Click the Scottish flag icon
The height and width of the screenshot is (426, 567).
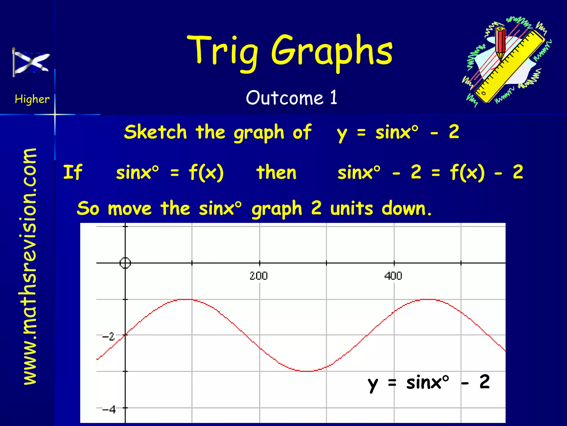(31, 62)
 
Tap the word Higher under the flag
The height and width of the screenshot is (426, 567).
(32, 99)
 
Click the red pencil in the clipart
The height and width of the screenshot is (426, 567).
(501, 44)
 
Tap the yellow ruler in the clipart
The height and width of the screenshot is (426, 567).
(509, 67)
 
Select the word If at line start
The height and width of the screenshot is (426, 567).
(73, 172)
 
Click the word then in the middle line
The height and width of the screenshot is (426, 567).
(276, 173)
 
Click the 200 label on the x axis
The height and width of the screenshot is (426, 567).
(259, 276)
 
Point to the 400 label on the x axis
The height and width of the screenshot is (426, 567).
(393, 276)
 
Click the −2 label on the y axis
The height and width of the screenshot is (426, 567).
(108, 337)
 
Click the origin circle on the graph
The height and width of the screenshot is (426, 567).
(125, 263)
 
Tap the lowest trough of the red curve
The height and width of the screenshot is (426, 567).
(307, 371)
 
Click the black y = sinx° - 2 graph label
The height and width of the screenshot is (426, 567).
(429, 383)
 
